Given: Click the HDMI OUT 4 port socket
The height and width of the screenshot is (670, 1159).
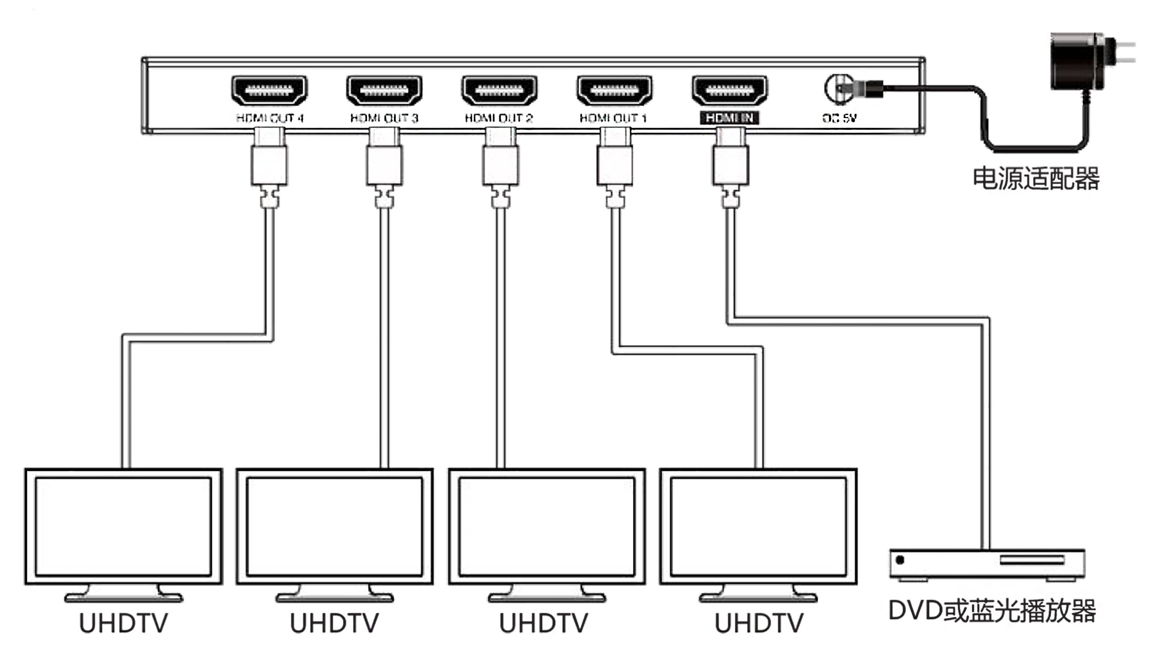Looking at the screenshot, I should click(x=269, y=91).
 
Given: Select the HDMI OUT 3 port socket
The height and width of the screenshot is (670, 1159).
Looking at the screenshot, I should click(x=384, y=91).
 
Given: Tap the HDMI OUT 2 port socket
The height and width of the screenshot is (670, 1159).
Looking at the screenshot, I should click(x=499, y=91).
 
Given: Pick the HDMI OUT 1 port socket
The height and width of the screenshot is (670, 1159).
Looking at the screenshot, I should click(x=614, y=91).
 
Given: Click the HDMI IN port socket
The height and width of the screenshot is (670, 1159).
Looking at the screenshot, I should click(x=730, y=91).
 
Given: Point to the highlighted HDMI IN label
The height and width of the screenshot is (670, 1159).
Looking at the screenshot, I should click(x=730, y=118).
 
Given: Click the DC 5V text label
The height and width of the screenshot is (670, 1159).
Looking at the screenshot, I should click(x=839, y=118).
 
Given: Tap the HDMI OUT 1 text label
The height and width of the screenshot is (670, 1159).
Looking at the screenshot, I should click(x=613, y=118).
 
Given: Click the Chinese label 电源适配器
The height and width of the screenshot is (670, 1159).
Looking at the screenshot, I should click(x=1035, y=179).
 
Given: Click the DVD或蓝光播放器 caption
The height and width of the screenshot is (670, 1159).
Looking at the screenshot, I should click(x=992, y=611).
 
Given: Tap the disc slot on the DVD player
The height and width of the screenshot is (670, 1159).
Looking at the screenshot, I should click(x=1032, y=560).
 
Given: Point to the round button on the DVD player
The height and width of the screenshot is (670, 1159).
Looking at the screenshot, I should click(x=900, y=560).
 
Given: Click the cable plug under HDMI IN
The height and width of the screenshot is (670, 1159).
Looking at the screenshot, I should click(x=731, y=164).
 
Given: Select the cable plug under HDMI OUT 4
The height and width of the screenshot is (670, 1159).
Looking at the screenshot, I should click(x=269, y=164).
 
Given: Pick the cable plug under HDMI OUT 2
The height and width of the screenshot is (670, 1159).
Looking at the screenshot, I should click(x=500, y=164).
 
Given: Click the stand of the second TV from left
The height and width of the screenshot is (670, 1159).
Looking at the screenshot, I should click(x=335, y=594).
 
